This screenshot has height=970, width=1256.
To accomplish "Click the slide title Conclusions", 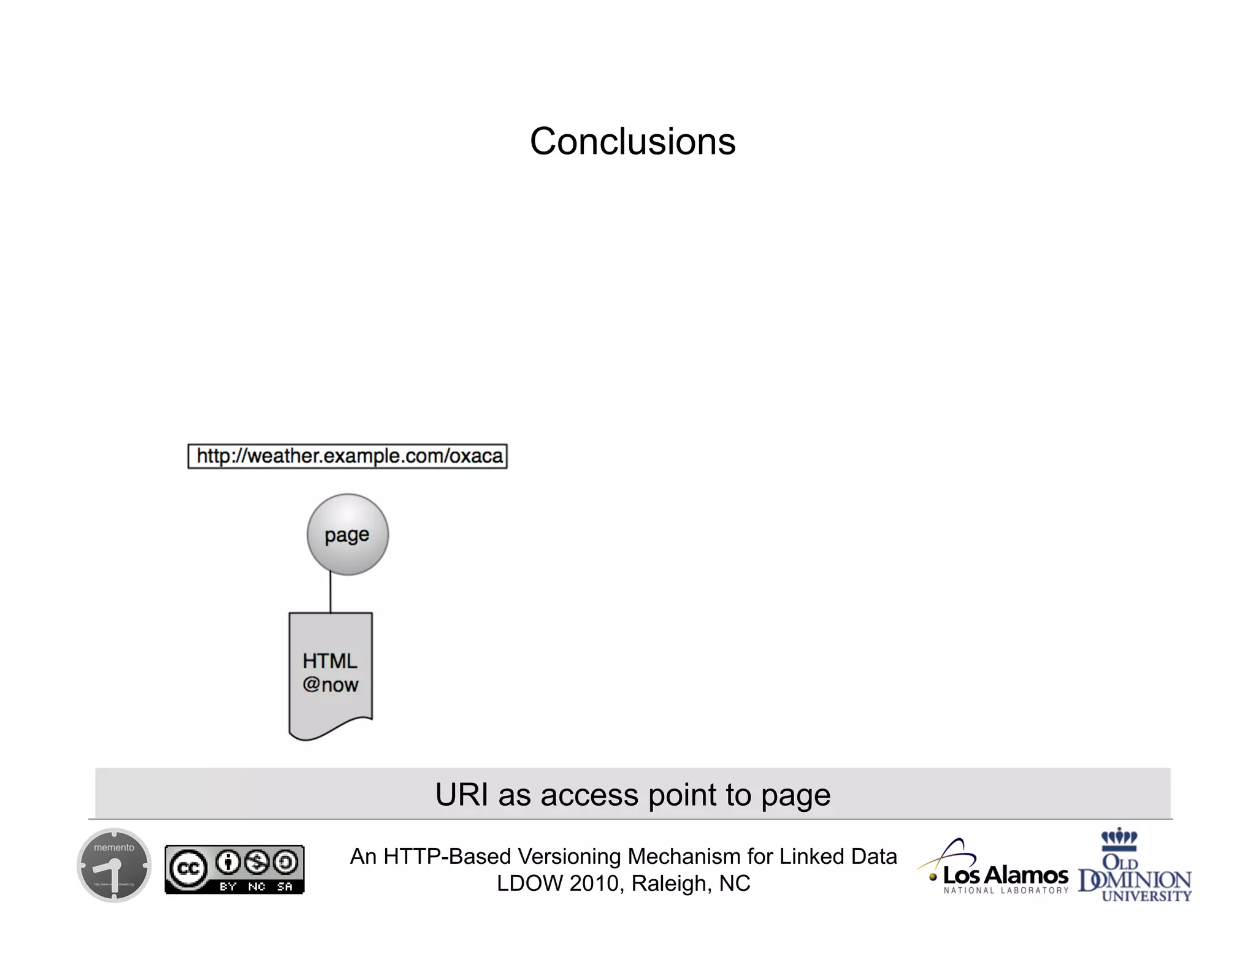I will coord(632,142).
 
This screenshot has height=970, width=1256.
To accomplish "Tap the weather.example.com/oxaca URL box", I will coord(348,456).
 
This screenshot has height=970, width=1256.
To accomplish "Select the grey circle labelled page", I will coord(348,535).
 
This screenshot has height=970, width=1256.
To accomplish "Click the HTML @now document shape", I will coord(331,674).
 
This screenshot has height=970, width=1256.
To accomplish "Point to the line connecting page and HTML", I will coord(331,593).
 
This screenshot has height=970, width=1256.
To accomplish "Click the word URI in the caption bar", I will coord(461,795).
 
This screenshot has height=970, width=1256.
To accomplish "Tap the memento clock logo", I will coord(114,865).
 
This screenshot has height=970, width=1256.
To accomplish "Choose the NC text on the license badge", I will coord(256,887).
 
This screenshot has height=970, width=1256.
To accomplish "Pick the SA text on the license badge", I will coord(285,887).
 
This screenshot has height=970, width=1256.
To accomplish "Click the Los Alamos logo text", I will coord(1006,874).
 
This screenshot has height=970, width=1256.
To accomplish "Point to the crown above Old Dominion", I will coord(1119,837).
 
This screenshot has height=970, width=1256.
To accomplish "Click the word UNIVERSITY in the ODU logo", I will coord(1146,896).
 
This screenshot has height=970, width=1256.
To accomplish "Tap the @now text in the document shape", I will coord(331,685).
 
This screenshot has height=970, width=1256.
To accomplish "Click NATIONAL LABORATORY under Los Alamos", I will coord(1006,891).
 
